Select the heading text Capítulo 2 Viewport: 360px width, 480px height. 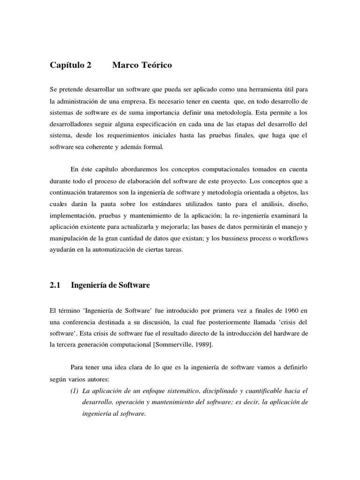[x=71, y=66]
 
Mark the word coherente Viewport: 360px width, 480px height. [x=113, y=147]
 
